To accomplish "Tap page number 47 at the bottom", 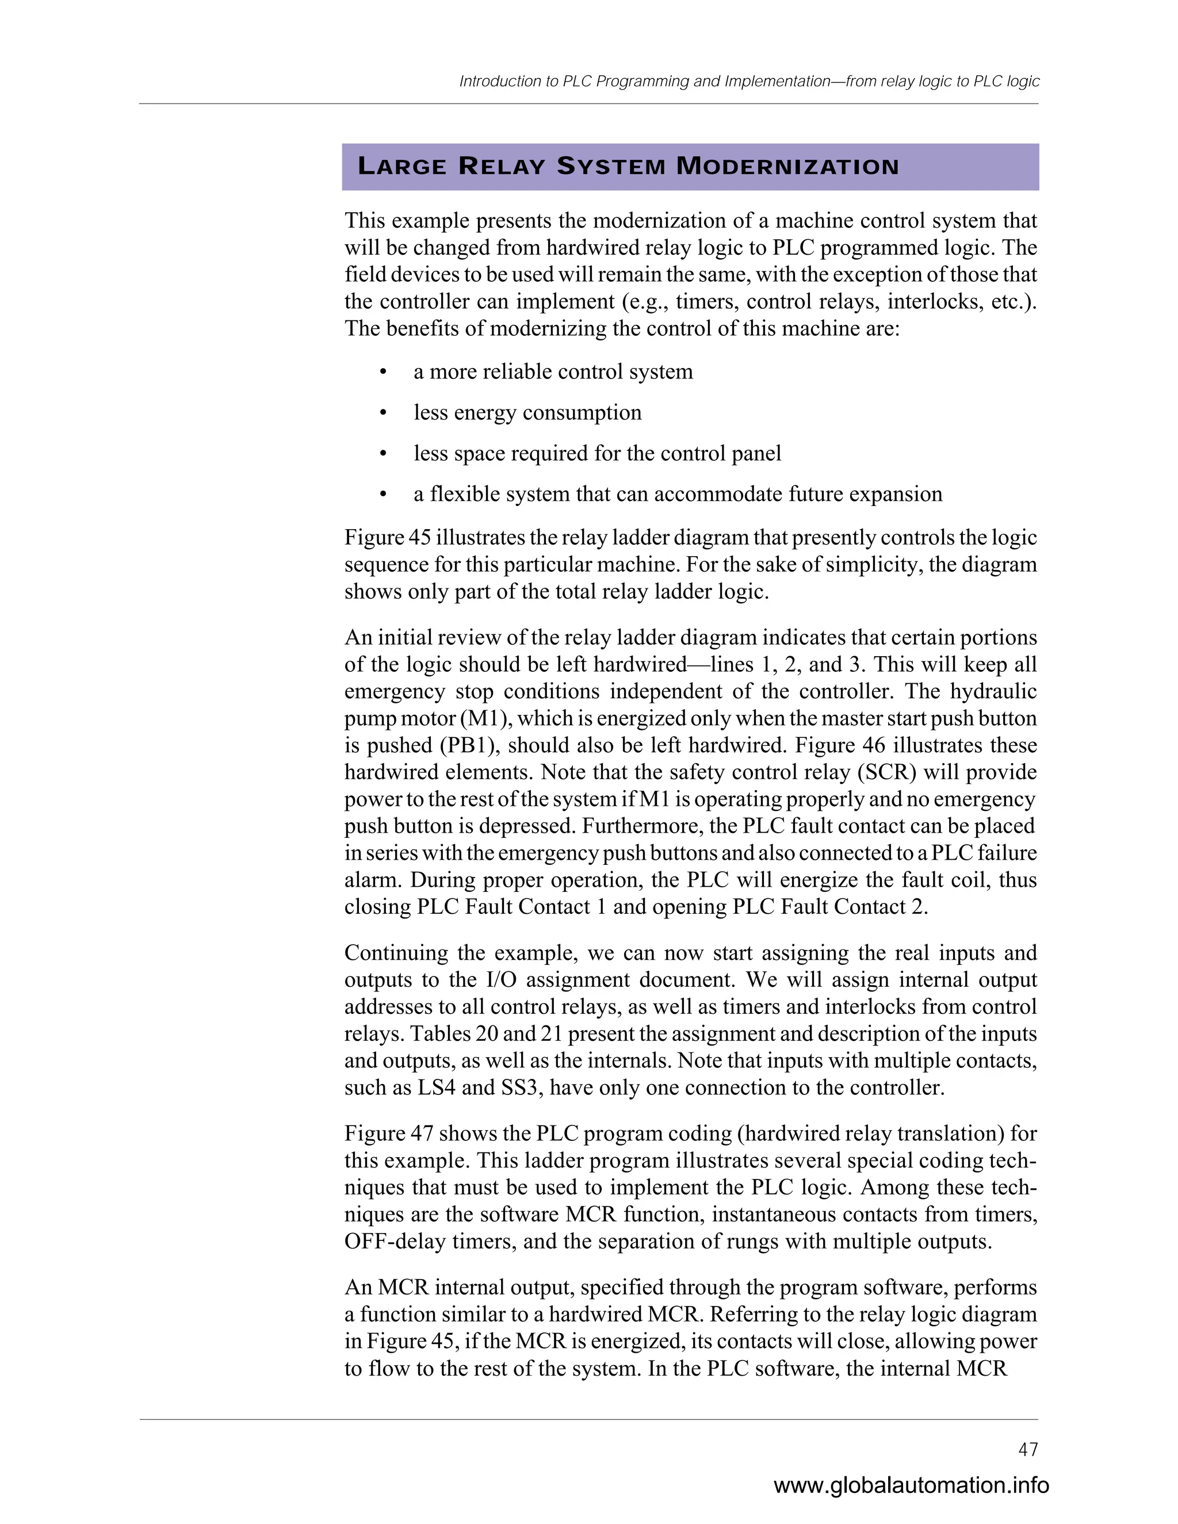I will (x=1028, y=1449).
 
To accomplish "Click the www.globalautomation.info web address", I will (x=911, y=1485).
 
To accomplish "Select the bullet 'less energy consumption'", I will (x=527, y=412).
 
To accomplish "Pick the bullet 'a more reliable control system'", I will (x=553, y=372).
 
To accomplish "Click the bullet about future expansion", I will (x=677, y=494).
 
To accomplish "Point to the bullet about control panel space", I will (x=596, y=454).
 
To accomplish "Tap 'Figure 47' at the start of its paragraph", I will (x=389, y=1134).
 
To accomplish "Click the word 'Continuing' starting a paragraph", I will (x=396, y=953).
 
